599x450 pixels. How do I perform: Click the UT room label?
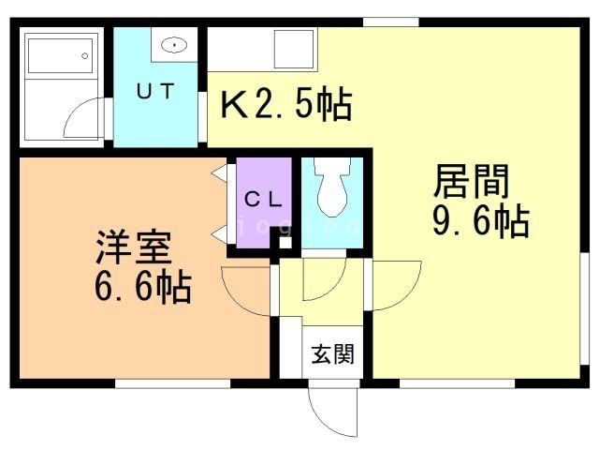tap(154, 92)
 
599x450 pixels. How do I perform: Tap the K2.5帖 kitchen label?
tap(286, 104)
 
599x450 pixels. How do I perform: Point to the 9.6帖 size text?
tap(480, 223)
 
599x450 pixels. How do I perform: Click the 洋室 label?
tap(132, 247)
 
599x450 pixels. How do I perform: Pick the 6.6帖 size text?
tap(142, 287)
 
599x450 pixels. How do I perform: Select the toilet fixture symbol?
tap(331, 187)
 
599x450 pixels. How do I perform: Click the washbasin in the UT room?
tap(173, 44)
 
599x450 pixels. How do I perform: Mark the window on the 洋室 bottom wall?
tap(172, 382)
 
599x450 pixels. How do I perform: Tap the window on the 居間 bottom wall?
tap(457, 382)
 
